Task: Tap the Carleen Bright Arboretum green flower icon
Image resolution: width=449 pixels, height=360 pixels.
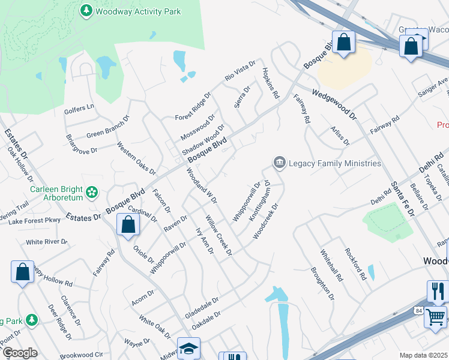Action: click(x=92, y=192)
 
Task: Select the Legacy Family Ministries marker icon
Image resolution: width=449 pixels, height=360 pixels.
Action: click(x=279, y=163)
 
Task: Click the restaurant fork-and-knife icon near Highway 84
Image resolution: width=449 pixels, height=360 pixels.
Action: click(x=436, y=291)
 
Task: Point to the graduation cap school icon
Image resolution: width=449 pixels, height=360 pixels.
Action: click(x=188, y=348)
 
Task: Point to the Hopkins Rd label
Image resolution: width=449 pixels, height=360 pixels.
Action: click(x=271, y=82)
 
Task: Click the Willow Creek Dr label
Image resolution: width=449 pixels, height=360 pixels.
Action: click(x=218, y=235)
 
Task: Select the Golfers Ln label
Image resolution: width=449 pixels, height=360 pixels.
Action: click(x=79, y=108)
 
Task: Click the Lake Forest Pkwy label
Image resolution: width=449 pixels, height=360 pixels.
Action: click(x=35, y=221)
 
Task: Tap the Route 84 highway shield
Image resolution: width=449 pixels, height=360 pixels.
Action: click(x=418, y=309)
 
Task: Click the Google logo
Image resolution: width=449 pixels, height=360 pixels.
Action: click(x=19, y=353)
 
